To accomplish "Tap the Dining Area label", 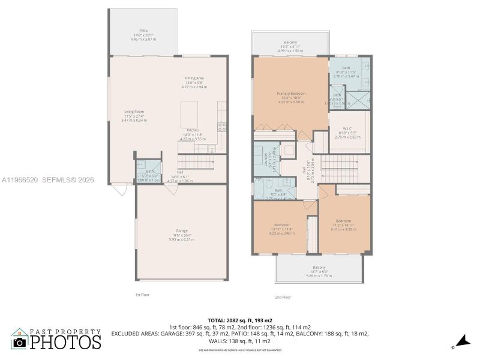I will point(194,82).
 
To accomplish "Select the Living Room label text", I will point(134,116).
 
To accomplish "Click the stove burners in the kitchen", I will point(221,127).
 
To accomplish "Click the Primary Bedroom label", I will point(290,97).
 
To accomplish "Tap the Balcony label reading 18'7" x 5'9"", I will point(319,269).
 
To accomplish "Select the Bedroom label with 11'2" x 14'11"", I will point(344,223).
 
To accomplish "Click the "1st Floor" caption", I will point(142,295).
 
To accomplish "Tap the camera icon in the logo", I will point(20,343).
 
